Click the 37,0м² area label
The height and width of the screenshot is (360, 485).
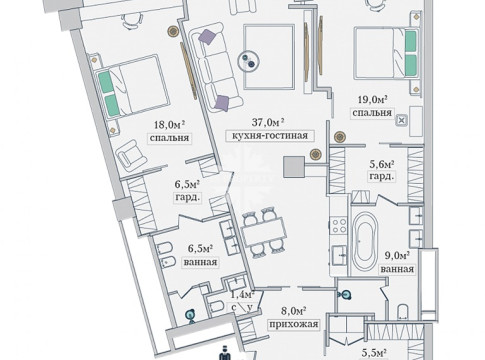268,122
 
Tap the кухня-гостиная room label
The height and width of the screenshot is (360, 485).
270,136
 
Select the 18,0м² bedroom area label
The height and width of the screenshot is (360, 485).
169,125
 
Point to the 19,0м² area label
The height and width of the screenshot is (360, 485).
372,99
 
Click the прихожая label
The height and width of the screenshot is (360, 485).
294,324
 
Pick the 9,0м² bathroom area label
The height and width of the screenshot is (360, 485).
397,256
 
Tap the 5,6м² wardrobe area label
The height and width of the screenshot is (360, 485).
382,164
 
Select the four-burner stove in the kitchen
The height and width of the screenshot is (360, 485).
339,225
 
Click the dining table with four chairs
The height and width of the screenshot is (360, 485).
264,232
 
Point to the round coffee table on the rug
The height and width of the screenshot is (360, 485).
249,61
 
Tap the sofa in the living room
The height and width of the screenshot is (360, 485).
214,67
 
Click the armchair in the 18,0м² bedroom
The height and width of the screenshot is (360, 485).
131,154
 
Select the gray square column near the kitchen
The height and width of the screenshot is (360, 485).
294,167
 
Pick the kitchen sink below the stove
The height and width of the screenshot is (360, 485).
339,255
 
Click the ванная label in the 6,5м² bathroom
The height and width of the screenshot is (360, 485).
200,262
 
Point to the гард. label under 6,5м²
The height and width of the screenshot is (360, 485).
187,197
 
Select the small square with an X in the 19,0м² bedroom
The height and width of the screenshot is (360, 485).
401,121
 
